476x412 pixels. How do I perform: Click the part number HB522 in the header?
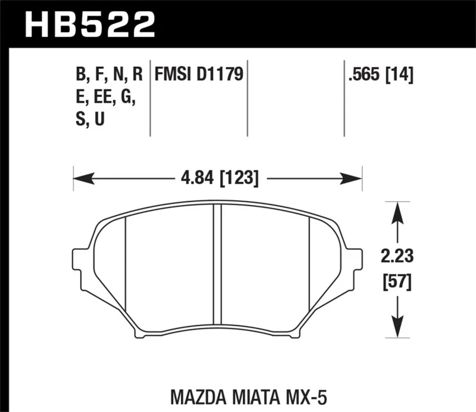(89, 24)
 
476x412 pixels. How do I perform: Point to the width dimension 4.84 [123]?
(217, 177)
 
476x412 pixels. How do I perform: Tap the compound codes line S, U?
(90, 120)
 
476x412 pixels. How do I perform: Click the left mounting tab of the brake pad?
(79, 261)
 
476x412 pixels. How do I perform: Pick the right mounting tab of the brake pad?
(356, 261)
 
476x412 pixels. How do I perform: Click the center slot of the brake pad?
(217, 271)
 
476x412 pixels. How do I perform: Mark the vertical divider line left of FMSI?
(150, 98)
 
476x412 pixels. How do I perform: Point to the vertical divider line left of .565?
(343, 98)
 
